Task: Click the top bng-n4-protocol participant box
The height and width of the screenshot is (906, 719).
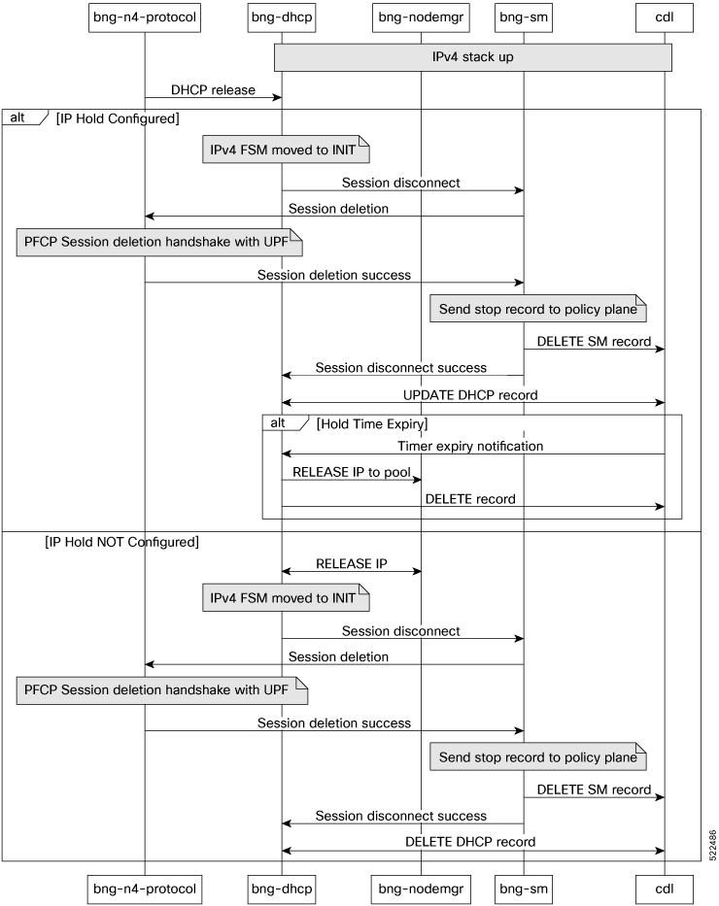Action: click(x=145, y=17)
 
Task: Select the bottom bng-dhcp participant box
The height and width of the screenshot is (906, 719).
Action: click(x=282, y=889)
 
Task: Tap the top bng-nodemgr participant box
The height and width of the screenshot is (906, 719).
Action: click(x=421, y=17)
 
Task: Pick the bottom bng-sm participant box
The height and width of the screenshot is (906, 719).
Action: click(x=524, y=889)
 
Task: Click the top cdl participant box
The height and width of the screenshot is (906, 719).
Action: click(x=664, y=17)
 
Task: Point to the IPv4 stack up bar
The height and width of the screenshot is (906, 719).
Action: click(x=473, y=57)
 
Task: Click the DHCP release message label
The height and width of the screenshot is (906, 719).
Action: click(x=213, y=90)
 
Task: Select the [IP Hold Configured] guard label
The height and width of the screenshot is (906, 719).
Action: click(x=118, y=118)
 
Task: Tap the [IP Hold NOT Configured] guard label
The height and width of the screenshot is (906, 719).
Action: click(x=122, y=542)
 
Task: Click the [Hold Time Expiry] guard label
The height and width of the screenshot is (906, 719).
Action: click(x=371, y=424)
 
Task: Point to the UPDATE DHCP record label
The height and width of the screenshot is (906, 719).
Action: click(x=470, y=395)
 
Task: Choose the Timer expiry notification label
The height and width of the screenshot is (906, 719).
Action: click(x=470, y=446)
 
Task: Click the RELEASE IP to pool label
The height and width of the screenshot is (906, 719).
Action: click(x=352, y=472)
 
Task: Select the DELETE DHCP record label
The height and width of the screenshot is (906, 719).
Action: click(x=470, y=842)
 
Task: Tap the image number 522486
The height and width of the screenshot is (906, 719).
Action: click(x=712, y=846)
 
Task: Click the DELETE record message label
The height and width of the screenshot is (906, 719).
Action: click(x=470, y=499)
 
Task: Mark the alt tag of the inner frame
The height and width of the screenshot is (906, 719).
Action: click(x=278, y=423)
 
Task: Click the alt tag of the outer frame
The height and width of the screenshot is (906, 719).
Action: click(x=17, y=117)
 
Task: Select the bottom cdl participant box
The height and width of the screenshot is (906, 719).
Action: click(x=664, y=889)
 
